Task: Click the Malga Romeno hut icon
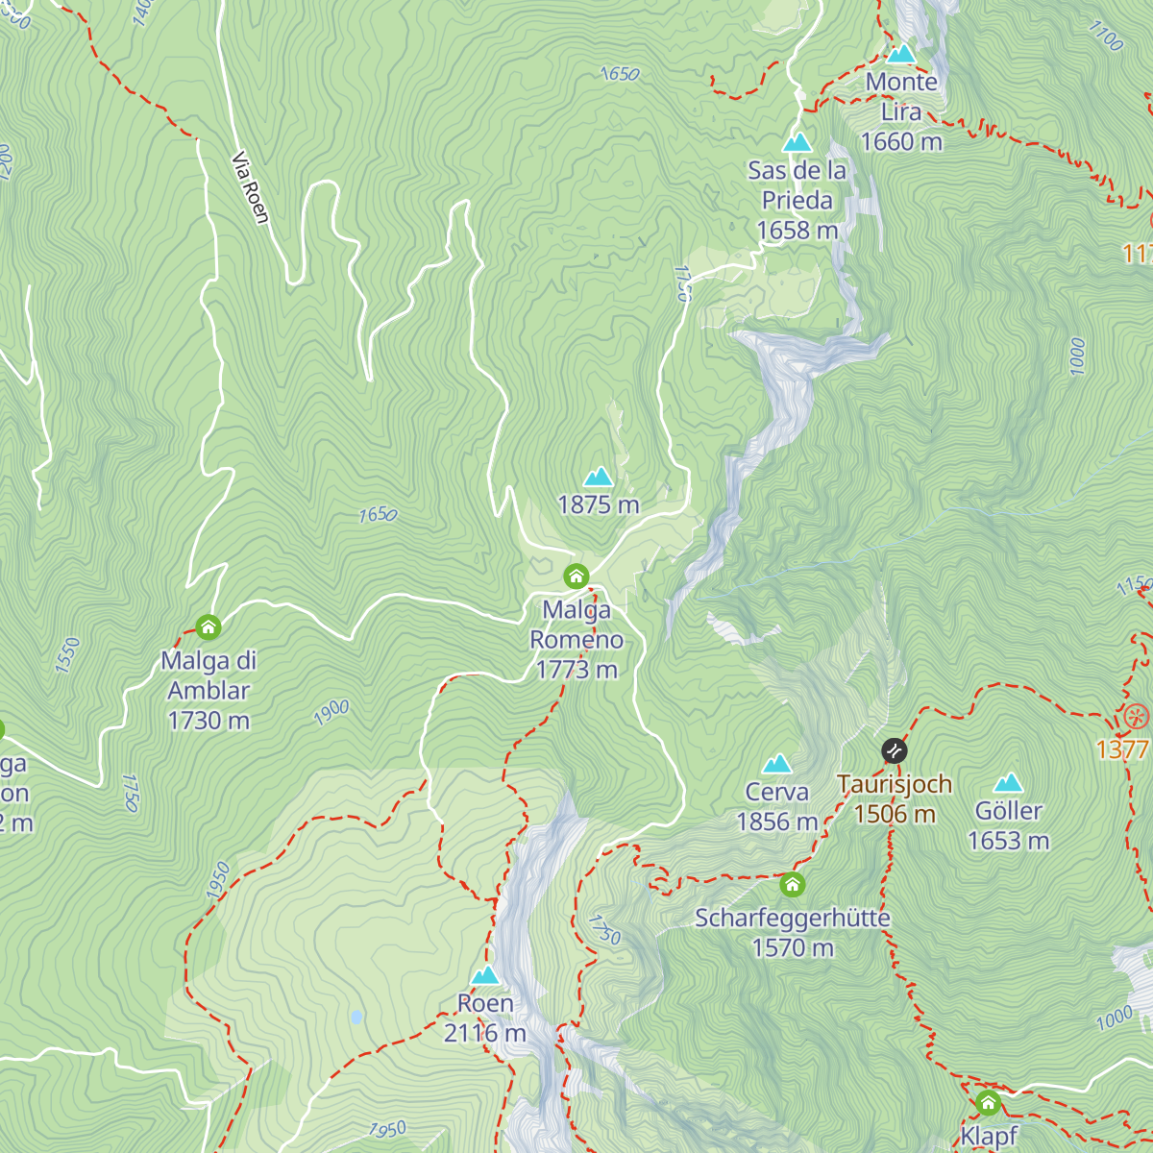576,576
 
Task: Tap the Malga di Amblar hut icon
208,627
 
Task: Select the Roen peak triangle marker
485,975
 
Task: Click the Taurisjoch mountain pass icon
894,750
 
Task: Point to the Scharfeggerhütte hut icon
792,884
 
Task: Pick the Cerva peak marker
776,764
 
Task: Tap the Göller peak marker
1008,782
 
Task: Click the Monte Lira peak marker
900,54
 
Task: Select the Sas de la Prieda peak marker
797,143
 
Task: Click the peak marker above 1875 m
598,477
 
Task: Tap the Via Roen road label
250,187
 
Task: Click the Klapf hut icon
988,1102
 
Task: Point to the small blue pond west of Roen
356,1017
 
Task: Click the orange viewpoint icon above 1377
1136,717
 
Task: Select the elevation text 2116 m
484,1033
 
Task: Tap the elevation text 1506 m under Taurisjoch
894,814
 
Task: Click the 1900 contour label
331,712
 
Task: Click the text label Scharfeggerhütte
792,918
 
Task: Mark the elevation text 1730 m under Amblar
209,720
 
